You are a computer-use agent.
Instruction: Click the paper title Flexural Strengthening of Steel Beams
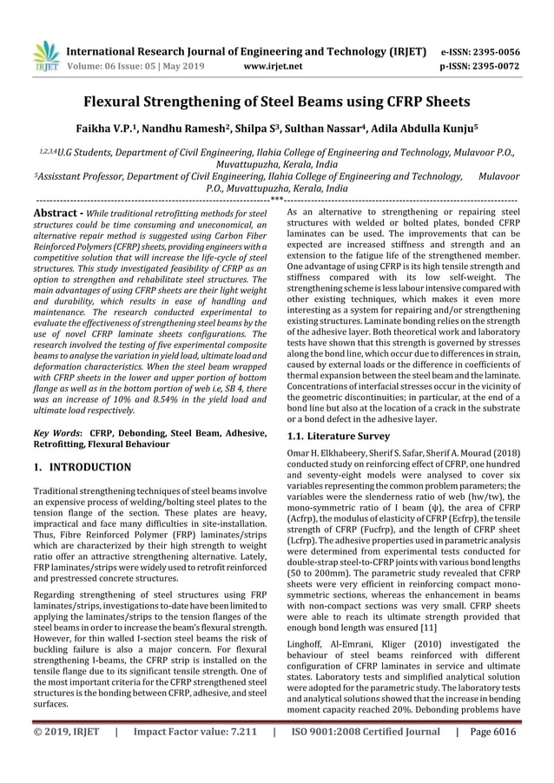[x=276, y=102]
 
